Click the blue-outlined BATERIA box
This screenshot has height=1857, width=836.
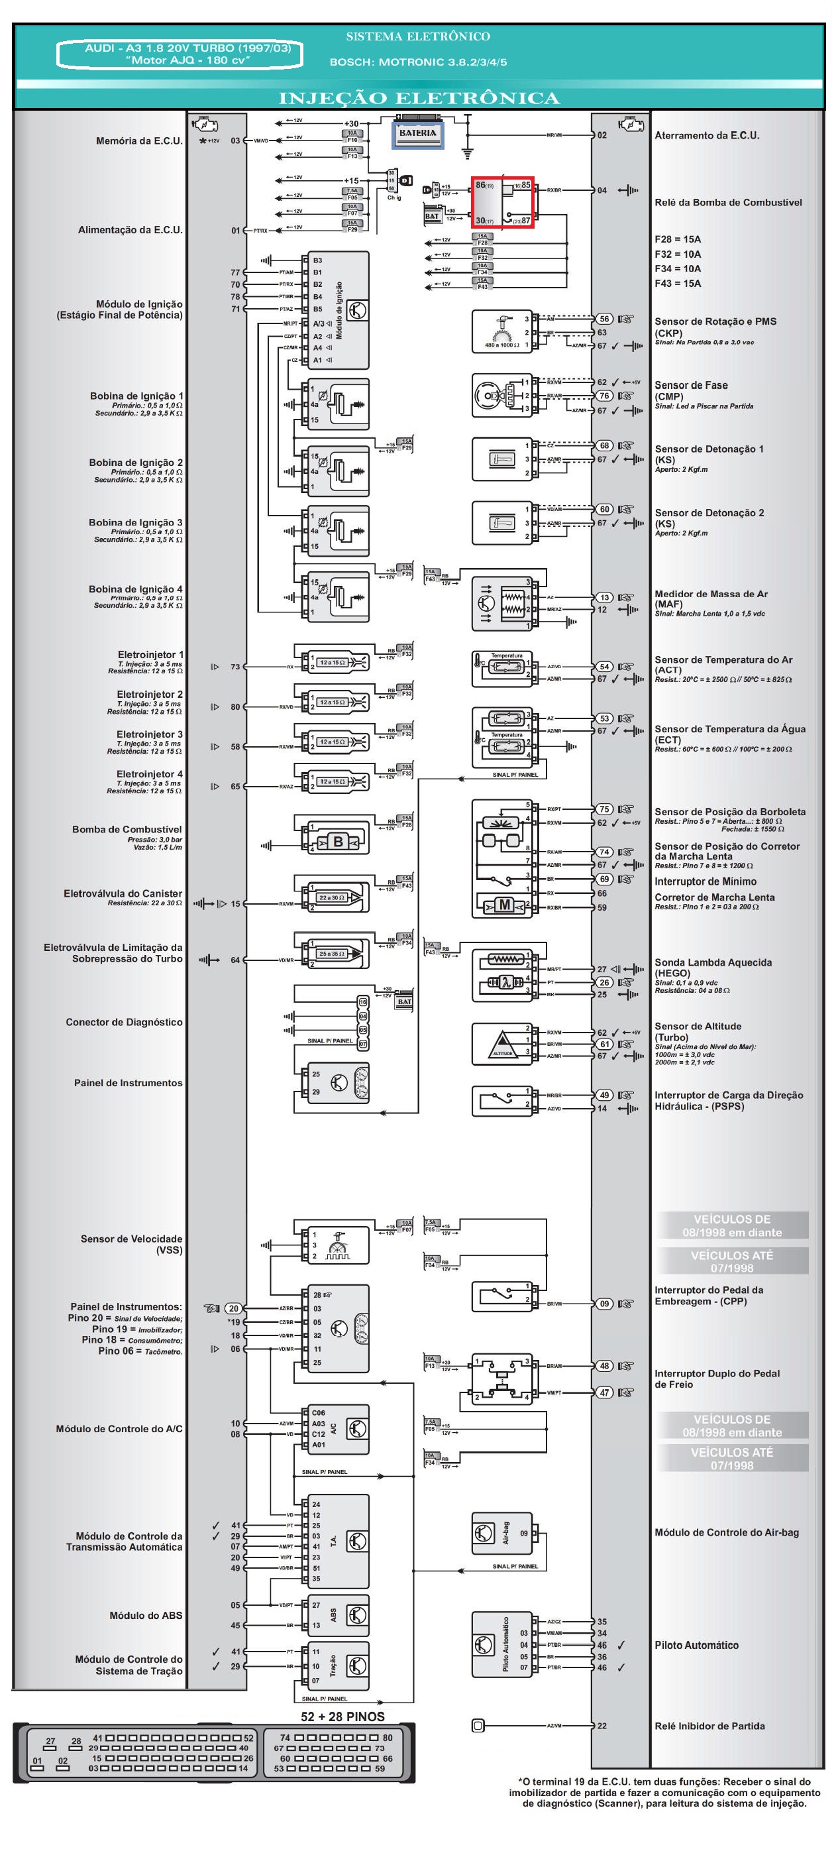click(417, 135)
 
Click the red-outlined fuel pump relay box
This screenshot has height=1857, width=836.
click(502, 203)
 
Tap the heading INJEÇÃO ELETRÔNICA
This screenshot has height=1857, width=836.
click(419, 98)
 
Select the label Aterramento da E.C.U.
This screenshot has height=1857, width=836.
click(706, 135)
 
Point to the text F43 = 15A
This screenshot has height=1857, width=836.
click(678, 283)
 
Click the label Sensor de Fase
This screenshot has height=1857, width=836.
click(690, 386)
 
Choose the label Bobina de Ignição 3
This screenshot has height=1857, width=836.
click(136, 523)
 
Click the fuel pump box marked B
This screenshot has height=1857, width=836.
click(337, 841)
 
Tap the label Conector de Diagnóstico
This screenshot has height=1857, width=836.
click(124, 1022)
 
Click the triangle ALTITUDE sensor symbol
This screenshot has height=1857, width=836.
click(502, 1044)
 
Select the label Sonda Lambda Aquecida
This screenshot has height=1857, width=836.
click(713, 962)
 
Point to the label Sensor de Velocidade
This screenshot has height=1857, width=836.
click(131, 1239)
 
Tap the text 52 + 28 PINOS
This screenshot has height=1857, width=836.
click(342, 1716)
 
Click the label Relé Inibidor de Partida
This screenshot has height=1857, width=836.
click(709, 1726)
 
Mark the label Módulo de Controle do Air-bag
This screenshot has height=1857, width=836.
click(727, 1533)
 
